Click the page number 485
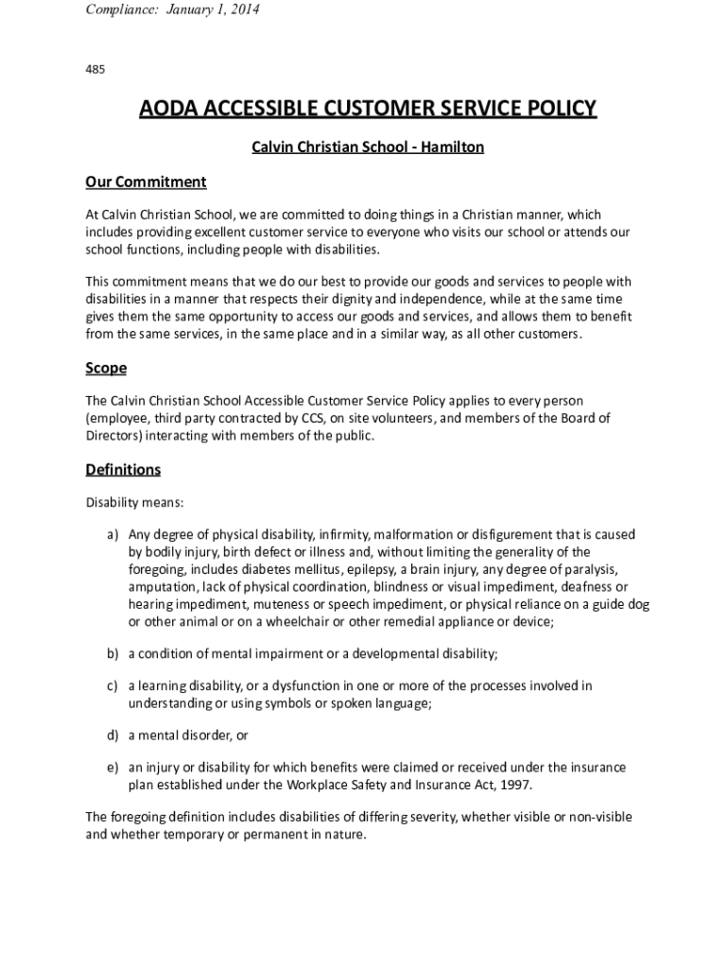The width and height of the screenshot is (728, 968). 95,69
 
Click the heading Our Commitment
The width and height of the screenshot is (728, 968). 146,181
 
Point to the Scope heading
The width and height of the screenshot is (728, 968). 106,368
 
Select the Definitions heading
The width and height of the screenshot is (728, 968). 123,470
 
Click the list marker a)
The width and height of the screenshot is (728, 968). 112,535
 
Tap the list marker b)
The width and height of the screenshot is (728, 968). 112,653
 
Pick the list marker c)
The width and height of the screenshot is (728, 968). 112,686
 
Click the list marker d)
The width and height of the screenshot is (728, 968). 112,735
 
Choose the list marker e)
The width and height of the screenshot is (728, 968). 112,768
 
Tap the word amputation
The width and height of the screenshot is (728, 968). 164,586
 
